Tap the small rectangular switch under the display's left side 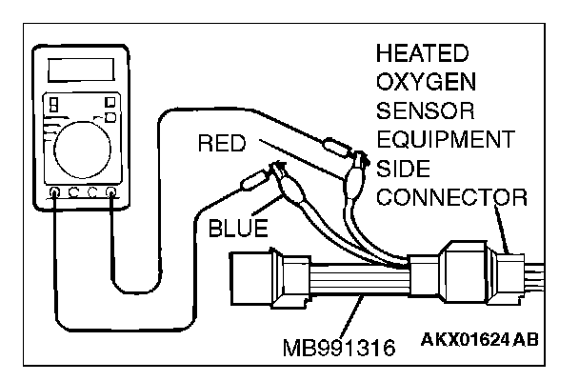(x=56, y=104)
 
